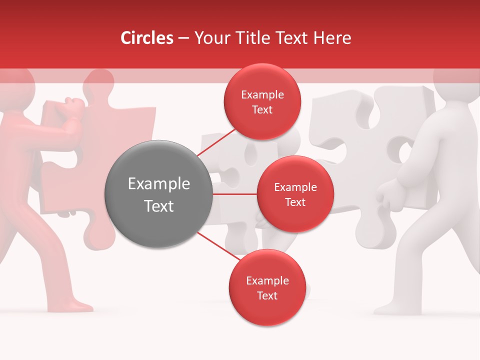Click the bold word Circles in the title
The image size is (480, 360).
tap(147, 38)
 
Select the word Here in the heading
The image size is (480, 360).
tap(332, 38)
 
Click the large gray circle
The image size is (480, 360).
tap(158, 194)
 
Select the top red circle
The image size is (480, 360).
tap(262, 101)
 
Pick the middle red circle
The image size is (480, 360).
tap(295, 194)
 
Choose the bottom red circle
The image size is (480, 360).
tap(267, 287)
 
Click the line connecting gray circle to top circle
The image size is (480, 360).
tap(217, 143)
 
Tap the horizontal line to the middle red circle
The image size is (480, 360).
tap(234, 194)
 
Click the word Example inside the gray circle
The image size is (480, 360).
tap(158, 184)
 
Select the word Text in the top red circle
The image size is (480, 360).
tap(262, 110)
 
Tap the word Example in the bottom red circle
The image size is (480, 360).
tap(267, 280)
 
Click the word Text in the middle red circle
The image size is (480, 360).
tap(295, 202)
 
